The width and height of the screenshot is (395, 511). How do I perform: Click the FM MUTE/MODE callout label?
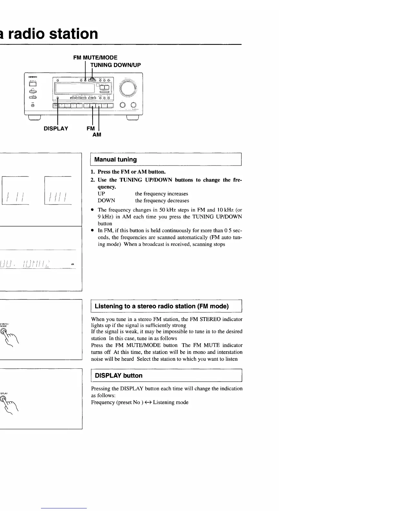point(95,58)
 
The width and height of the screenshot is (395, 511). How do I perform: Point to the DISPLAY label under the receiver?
point(56,129)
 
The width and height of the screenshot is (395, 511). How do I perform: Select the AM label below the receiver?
point(97,135)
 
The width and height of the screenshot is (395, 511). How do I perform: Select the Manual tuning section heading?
point(116,159)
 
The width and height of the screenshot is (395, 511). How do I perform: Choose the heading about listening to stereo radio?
point(162,306)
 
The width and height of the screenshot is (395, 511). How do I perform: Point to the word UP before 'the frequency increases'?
point(101,194)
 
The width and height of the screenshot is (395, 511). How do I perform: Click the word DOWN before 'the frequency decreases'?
point(106,201)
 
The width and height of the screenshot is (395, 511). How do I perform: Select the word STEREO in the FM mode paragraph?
point(210,319)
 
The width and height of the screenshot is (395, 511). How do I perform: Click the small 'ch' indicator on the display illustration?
point(73,265)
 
